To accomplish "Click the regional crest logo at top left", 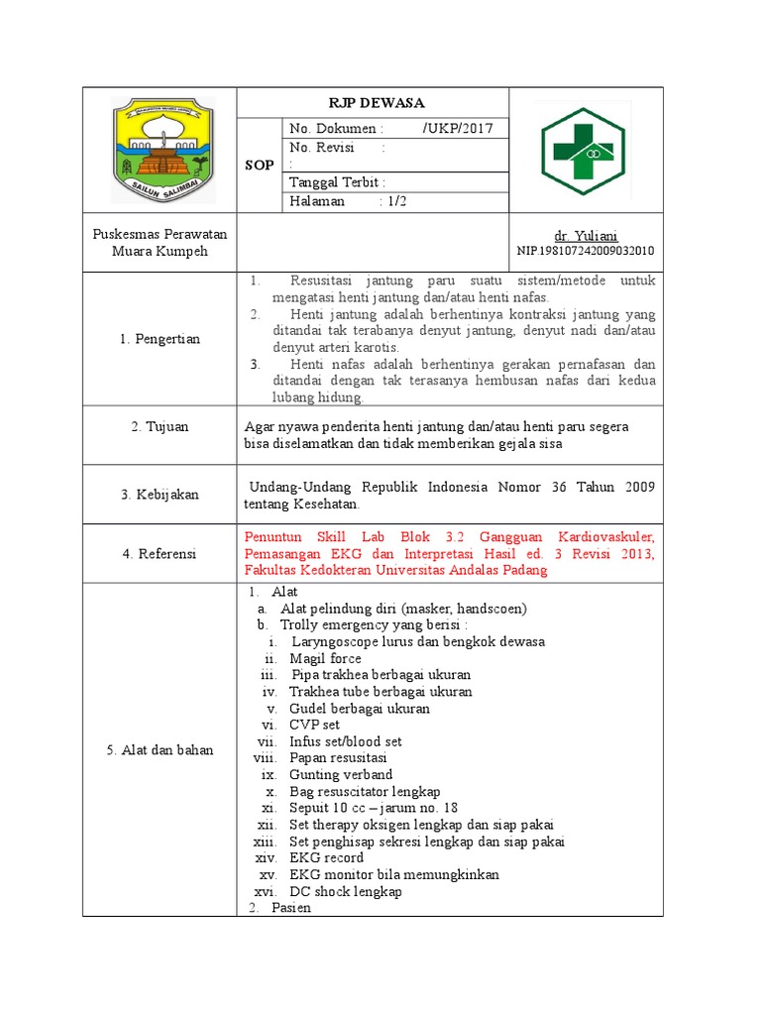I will point(160,149).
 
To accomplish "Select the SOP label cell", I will point(260,165).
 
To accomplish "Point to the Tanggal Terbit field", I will point(337,182).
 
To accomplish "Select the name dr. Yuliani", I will point(586,236).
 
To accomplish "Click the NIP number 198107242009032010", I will point(586,251).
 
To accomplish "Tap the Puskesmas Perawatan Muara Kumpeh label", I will point(160,243).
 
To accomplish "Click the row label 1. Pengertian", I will point(160,339).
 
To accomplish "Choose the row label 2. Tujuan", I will point(160,426).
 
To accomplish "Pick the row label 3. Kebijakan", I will point(160,494).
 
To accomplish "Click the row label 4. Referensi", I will point(160,553).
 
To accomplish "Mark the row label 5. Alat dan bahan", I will point(160,750).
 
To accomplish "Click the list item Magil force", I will point(325,658).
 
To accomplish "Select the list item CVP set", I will point(314,725).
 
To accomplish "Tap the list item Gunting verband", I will point(341,774).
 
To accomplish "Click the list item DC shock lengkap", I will point(345,891).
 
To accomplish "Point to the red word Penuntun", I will point(272,537).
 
